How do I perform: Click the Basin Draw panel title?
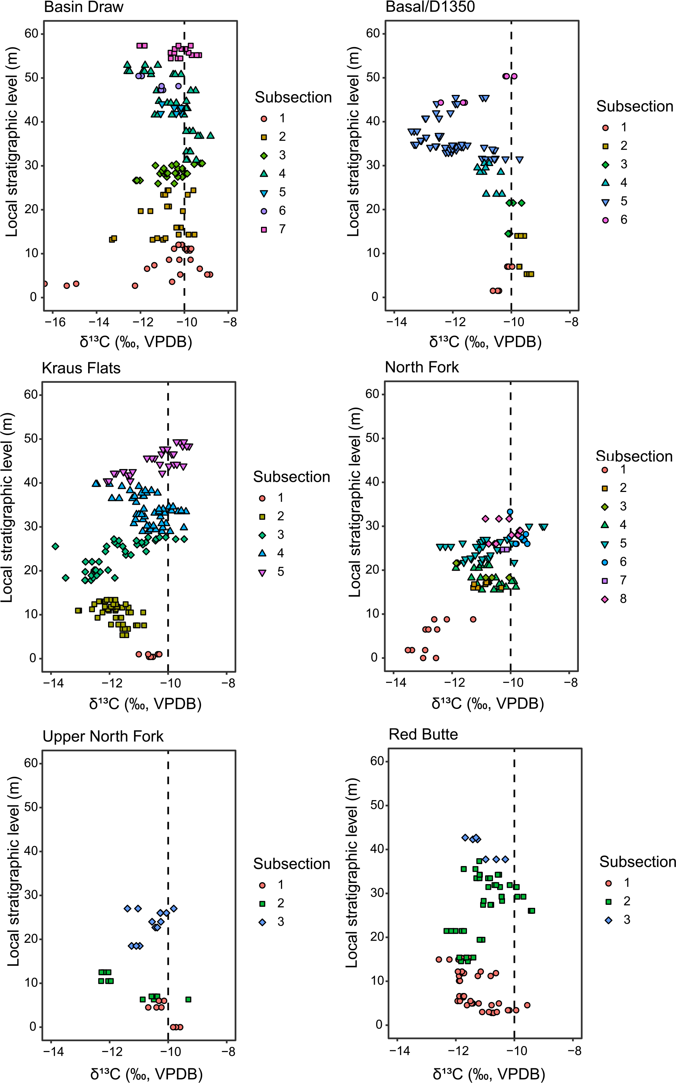(x=84, y=7)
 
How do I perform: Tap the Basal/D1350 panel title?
(x=430, y=7)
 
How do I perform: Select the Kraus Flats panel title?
(x=81, y=368)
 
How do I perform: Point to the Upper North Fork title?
(x=103, y=736)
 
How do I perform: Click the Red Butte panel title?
(x=423, y=734)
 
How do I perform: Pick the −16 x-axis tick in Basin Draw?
(x=55, y=322)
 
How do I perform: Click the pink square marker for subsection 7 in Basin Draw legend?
(x=264, y=229)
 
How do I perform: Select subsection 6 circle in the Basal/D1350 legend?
(x=605, y=220)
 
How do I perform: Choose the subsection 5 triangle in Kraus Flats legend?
(x=262, y=572)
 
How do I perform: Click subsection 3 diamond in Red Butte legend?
(x=609, y=920)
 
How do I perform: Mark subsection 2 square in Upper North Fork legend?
(x=262, y=903)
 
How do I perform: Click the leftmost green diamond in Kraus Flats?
(x=55, y=547)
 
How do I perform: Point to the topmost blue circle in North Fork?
(x=510, y=512)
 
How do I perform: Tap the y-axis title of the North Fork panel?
(x=354, y=502)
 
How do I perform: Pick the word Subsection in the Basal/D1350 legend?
(x=635, y=107)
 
